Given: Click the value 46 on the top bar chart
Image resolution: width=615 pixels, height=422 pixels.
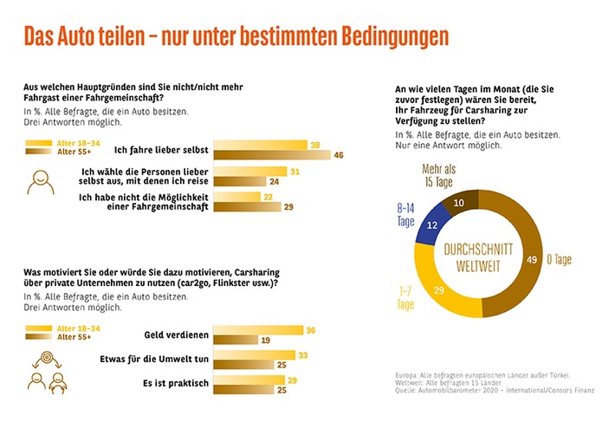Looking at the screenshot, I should coord(340,155).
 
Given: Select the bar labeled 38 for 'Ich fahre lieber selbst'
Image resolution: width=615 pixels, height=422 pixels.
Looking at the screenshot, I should coord(260,145).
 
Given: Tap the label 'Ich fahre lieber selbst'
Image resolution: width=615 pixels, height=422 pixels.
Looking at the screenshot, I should coord(161,150).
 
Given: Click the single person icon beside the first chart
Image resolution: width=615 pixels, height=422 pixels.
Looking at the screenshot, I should coord(40,180).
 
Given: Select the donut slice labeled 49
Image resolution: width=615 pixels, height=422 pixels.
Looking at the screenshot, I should coord(528,256).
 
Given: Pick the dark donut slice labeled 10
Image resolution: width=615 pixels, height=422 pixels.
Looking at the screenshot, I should coord(460,202).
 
